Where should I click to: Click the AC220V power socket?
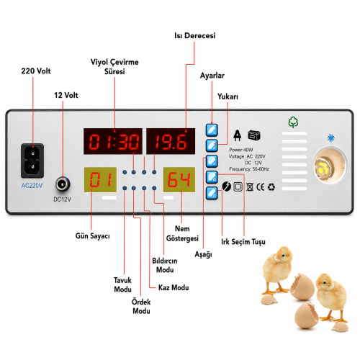pyautogui.click(x=32, y=161)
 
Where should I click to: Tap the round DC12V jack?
pyautogui.click(x=63, y=184)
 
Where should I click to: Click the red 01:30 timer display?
pyautogui.click(x=113, y=141)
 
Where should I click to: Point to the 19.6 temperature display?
pyautogui.click(x=171, y=141)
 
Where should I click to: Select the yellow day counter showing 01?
pyautogui.click(x=100, y=179)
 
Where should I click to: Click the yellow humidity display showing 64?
pyautogui.click(x=179, y=179)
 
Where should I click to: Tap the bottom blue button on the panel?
pyautogui.click(x=212, y=193)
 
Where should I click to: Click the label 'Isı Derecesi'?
pyautogui.click(x=194, y=36)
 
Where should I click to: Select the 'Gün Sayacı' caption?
pyautogui.click(x=93, y=236)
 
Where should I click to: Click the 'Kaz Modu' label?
pyautogui.click(x=174, y=287)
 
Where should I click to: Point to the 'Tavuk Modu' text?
pyautogui.click(x=122, y=284)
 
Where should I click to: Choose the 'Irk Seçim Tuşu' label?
pyautogui.click(x=243, y=242)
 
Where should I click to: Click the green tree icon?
pyautogui.click(x=293, y=122)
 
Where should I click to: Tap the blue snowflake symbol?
pyautogui.click(x=331, y=138)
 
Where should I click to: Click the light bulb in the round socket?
pyautogui.click(x=323, y=167)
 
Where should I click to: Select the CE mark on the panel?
pyautogui.click(x=261, y=187)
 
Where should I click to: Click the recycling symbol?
pyautogui.click(x=271, y=187)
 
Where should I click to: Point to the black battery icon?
pyautogui.click(x=254, y=135)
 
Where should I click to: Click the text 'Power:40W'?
pyautogui.click(x=241, y=150)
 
